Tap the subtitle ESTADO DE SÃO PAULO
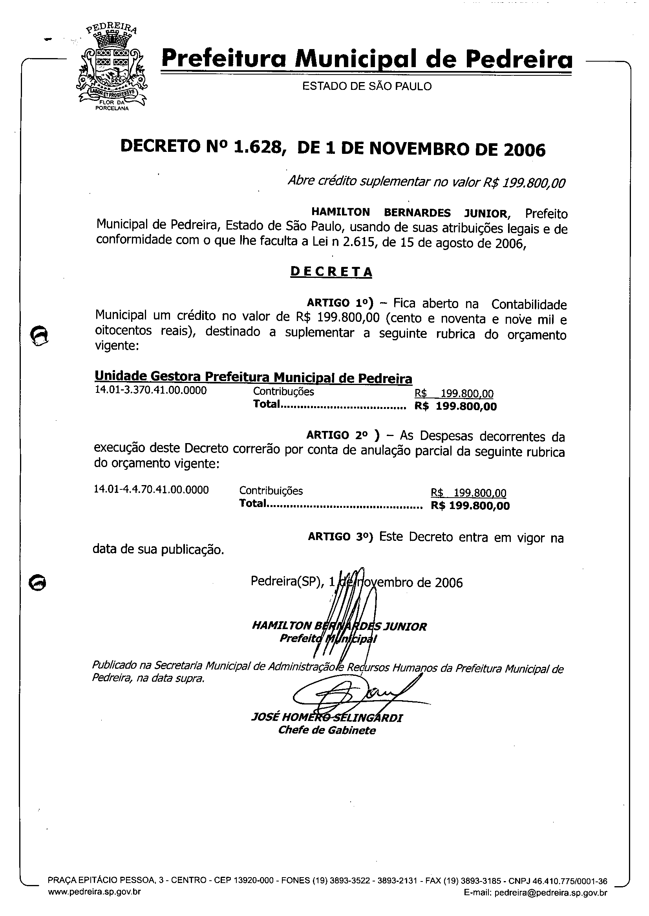(366, 86)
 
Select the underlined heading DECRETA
(331, 272)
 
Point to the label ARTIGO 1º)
(340, 304)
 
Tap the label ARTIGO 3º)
(340, 537)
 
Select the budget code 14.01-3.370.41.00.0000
(151, 390)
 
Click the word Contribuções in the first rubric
(283, 392)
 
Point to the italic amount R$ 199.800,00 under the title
(524, 183)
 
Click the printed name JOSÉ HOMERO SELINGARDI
(327, 718)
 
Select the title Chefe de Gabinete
(327, 730)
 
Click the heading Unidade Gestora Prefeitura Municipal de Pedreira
(253, 377)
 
